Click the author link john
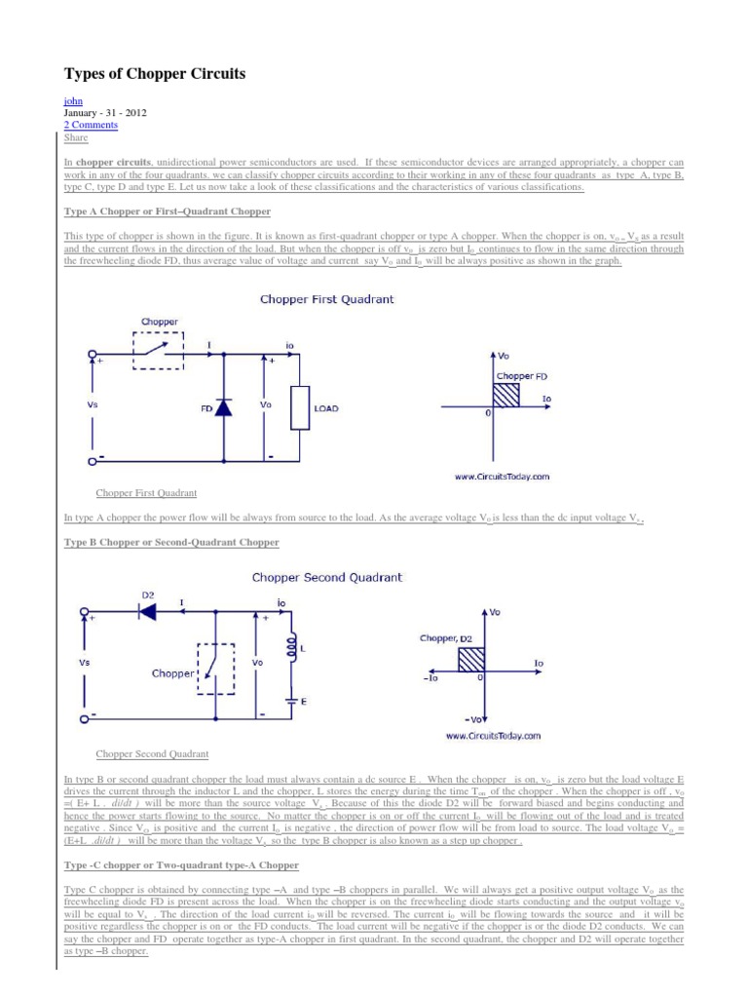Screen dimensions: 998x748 click(x=72, y=100)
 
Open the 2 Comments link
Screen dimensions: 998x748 click(x=91, y=125)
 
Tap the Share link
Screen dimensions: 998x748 click(x=75, y=137)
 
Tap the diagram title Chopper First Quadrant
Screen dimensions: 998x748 click(x=326, y=300)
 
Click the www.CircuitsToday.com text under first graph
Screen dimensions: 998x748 click(x=502, y=477)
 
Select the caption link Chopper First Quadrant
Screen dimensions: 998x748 click(x=146, y=493)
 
